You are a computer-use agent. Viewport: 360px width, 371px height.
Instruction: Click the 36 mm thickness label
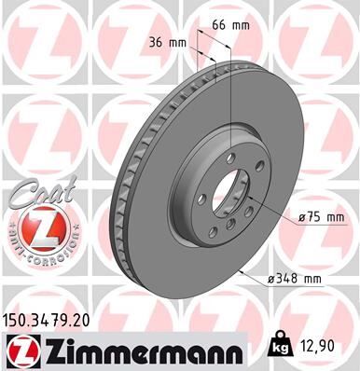tap(168, 42)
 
